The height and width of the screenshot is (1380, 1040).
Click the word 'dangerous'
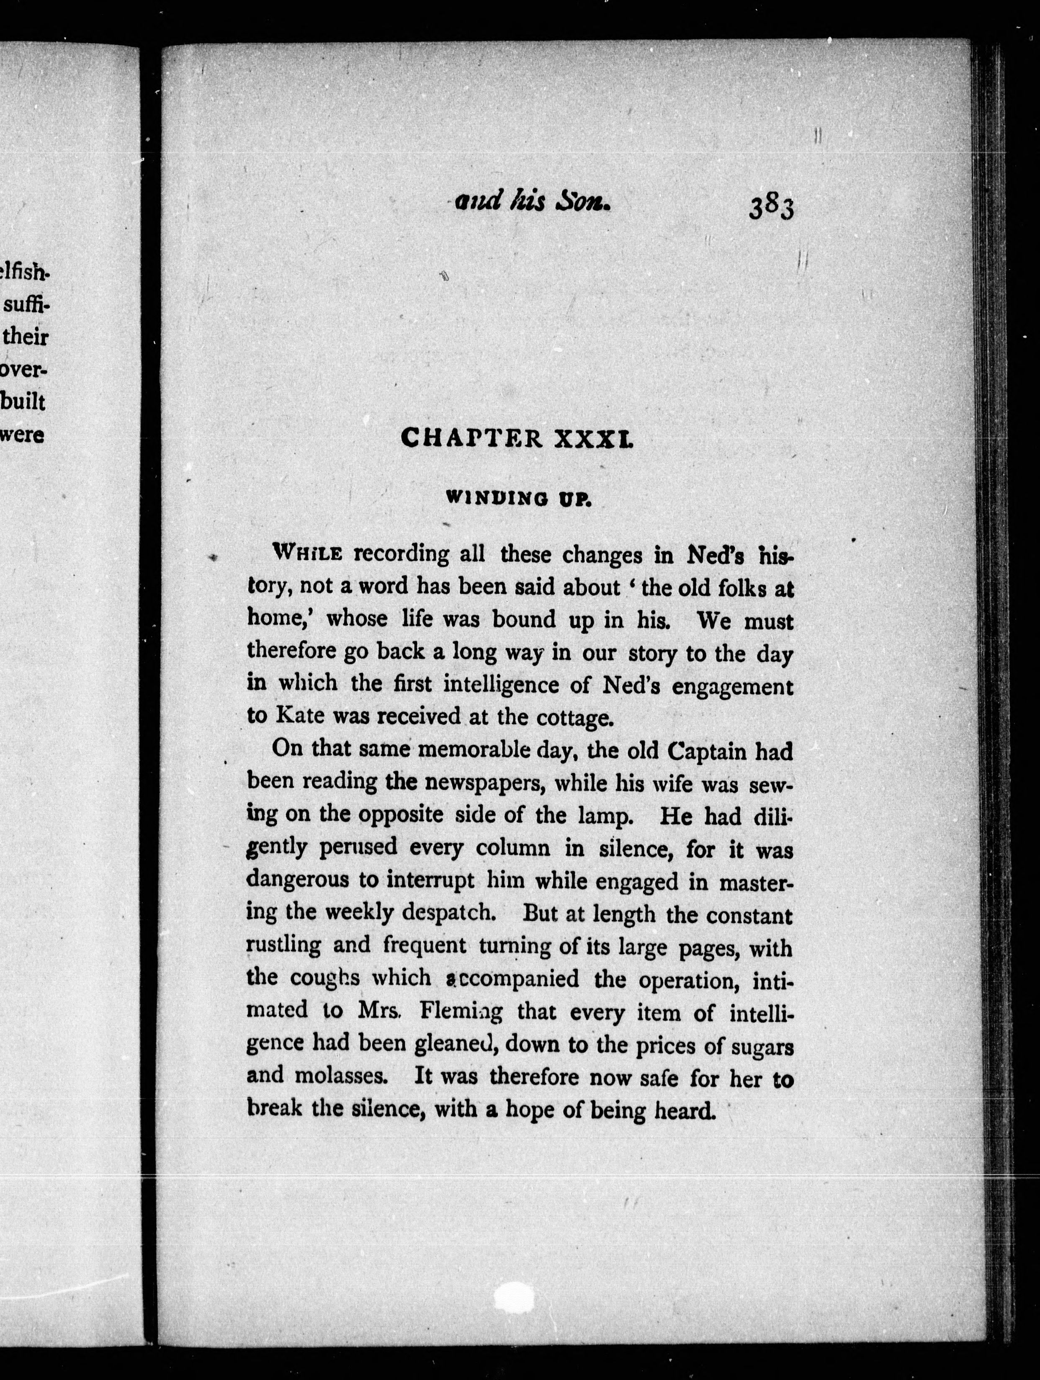(298, 880)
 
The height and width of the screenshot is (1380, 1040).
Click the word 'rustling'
(284, 946)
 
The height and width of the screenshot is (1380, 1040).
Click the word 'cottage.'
(574, 718)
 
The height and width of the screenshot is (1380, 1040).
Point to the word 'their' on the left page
(26, 337)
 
